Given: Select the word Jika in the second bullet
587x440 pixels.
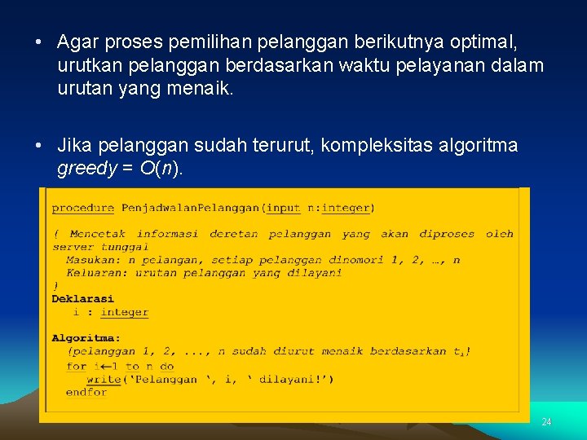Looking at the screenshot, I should [x=74, y=146].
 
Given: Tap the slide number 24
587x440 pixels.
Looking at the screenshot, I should [x=546, y=422].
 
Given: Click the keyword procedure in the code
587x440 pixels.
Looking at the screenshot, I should [x=84, y=208].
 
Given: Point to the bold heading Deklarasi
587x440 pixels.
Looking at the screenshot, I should [x=83, y=299].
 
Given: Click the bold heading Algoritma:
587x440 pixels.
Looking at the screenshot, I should [x=86, y=338].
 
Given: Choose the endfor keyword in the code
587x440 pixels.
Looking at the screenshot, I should [x=86, y=392].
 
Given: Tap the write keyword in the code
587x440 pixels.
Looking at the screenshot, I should [x=104, y=379].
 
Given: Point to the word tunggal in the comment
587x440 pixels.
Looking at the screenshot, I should [x=126, y=247].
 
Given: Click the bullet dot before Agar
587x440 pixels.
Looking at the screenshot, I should [x=39, y=41].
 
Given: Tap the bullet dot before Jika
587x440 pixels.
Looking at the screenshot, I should [x=39, y=146].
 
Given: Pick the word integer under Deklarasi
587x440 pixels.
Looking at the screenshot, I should [x=124, y=312].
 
